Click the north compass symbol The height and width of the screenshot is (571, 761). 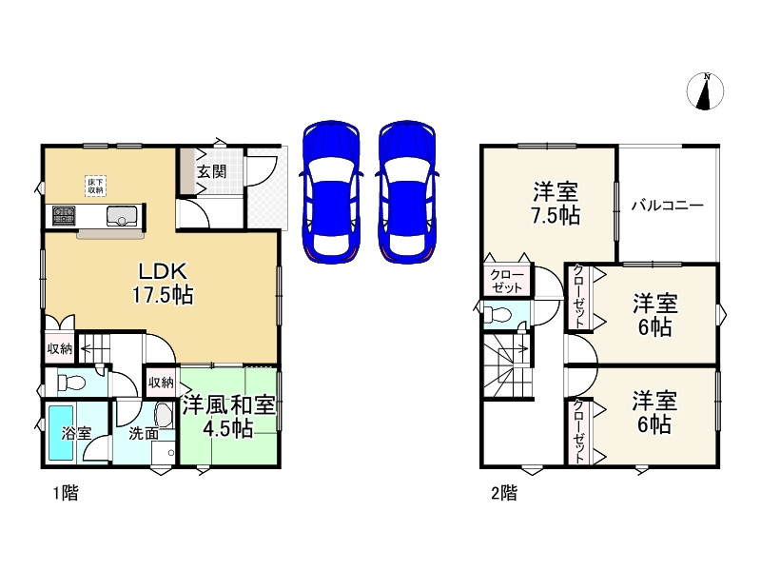pos(705,90)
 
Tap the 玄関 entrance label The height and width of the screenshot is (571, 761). pos(211,171)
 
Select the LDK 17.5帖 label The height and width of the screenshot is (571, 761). pos(163,283)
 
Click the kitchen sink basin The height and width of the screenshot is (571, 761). pos(122,216)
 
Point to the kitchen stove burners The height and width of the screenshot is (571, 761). pos(64,215)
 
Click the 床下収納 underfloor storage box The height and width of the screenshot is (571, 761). pos(95,186)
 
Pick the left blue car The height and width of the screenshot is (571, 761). pos(331,192)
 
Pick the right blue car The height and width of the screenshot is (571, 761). pos(407,192)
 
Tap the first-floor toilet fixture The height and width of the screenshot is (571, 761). pos(71,383)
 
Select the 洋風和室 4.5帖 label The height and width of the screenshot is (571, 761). pos(228,417)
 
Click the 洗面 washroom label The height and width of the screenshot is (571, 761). pos(144,433)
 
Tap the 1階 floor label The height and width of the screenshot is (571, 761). pos(66,494)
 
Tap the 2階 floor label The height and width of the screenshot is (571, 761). pos(504,493)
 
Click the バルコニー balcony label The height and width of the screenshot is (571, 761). pos(668,206)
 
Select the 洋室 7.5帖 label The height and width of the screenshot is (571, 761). pos(556,203)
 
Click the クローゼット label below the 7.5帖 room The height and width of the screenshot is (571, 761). pos(507,281)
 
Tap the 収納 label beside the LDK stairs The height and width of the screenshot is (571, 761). pos(60,348)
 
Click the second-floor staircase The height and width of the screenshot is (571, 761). pos(508,366)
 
